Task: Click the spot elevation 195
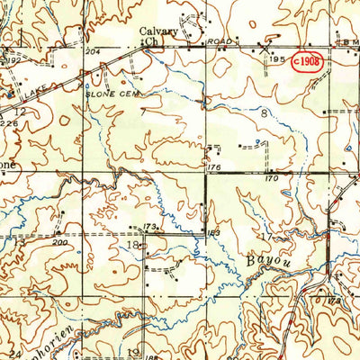[278, 58]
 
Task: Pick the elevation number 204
[90, 53]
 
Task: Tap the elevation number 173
[150, 225]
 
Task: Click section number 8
[264, 113]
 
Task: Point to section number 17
[265, 237]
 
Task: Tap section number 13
[17, 241]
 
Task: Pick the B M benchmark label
[345, 41]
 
